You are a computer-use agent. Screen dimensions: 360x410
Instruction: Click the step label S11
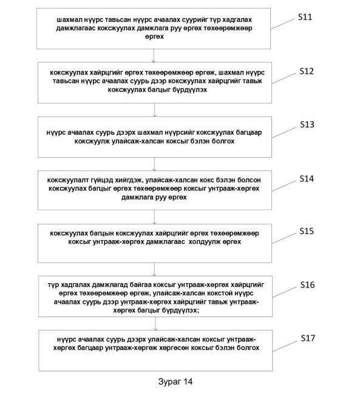tap(305, 17)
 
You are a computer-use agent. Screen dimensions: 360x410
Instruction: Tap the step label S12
tap(307, 71)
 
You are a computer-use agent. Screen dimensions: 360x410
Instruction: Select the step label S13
tap(307, 124)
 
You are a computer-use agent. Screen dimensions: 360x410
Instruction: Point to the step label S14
tap(307, 179)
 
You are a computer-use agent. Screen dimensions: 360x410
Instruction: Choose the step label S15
tap(307, 231)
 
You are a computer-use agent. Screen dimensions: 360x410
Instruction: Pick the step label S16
tap(308, 284)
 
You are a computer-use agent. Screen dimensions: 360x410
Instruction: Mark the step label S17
tap(308, 338)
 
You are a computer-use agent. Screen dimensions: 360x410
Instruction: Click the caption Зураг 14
tap(175, 381)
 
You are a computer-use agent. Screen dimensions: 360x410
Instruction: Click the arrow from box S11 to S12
tap(154, 56)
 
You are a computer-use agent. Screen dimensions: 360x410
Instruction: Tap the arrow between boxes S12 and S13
tap(154, 110)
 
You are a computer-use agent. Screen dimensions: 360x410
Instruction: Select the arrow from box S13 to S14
tap(154, 164)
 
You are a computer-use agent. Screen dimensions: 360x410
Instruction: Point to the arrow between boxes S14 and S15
tap(154, 217)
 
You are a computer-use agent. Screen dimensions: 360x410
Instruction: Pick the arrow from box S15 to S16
tap(154, 269)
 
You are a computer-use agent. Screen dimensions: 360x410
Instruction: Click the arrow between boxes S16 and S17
tap(155, 324)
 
